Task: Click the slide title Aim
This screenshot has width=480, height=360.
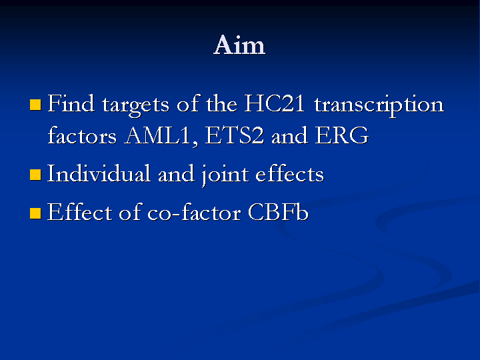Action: [x=239, y=45]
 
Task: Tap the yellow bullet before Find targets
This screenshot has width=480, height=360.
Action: [x=35, y=105]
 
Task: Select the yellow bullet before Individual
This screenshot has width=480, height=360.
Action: [x=35, y=175]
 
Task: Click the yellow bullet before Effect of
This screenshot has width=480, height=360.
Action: [x=35, y=213]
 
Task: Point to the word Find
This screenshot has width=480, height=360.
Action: [x=71, y=103]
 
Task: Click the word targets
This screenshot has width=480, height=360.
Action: [x=135, y=105]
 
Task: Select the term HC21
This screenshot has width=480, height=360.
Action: [x=275, y=103]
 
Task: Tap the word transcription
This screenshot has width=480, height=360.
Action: [x=379, y=105]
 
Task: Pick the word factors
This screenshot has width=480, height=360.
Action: [x=82, y=135]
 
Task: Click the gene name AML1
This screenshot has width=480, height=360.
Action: [x=161, y=136]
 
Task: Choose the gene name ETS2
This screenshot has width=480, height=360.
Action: [x=234, y=135]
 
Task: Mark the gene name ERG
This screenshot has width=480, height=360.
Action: [x=342, y=135]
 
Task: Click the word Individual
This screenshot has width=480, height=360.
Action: [x=99, y=173]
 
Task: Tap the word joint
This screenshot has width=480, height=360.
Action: [x=225, y=175]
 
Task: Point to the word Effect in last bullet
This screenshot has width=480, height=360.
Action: [x=79, y=212]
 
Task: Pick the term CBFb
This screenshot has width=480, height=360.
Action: [x=278, y=212]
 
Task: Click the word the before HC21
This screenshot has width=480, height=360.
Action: [x=221, y=103]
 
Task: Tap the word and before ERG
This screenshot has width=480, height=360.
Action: [x=289, y=135]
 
